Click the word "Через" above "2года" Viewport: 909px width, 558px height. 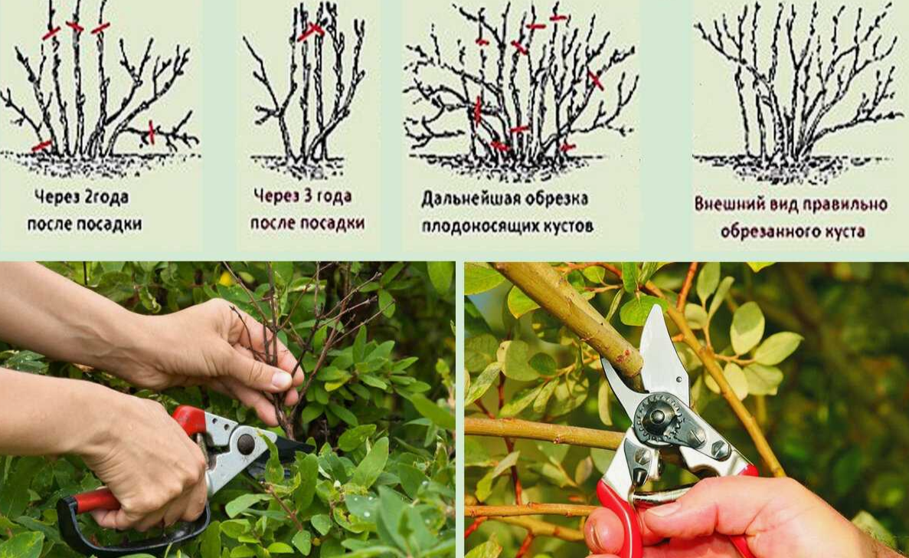(x=57, y=197)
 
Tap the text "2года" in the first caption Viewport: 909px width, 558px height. (x=106, y=198)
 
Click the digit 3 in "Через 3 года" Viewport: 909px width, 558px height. (x=309, y=196)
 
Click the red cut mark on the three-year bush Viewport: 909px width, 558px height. (x=312, y=31)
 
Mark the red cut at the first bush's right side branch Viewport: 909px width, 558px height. (x=152, y=133)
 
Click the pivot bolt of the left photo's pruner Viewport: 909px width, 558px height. (x=245, y=444)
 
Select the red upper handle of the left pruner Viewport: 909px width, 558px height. (x=189, y=419)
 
